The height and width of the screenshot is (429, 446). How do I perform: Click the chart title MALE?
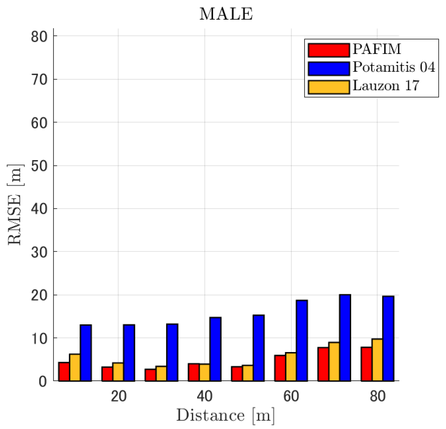pos(226,14)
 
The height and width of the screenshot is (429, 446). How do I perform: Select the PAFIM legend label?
pos(377,49)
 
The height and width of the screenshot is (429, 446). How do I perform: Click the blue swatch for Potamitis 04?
pos(329,69)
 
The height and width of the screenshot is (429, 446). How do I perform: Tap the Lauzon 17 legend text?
pos(386,86)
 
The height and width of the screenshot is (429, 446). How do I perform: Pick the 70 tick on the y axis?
pos(39,80)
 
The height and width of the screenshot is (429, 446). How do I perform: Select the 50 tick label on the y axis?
pos(39,166)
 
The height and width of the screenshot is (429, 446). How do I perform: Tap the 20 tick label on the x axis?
pos(119,396)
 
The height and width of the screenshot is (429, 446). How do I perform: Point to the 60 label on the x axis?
pos(291,396)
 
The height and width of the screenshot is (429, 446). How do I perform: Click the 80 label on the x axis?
pos(377,396)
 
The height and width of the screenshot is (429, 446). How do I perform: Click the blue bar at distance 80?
pos(388,339)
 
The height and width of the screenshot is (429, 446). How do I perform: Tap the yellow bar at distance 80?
pos(377,360)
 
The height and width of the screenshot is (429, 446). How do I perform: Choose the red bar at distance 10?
pos(64,372)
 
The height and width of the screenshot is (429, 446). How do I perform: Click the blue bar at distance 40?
pos(215,349)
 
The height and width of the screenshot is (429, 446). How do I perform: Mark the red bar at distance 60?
pos(280,368)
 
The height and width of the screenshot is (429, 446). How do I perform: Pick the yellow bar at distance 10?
pos(75,368)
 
